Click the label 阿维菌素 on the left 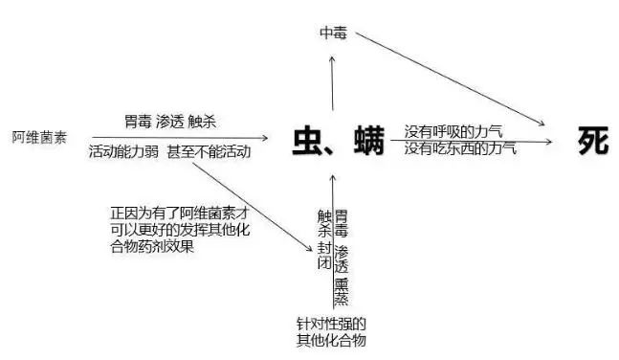(x=40, y=138)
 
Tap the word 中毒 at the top (x=333, y=33)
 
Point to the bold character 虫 (x=310, y=142)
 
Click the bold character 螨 (x=368, y=142)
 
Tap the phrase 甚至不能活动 (x=209, y=152)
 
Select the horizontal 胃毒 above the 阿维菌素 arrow (x=138, y=123)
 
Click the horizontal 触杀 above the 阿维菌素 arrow (x=202, y=123)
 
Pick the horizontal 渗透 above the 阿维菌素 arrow (x=169, y=123)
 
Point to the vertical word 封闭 (x=324, y=257)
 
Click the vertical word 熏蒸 (x=341, y=288)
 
